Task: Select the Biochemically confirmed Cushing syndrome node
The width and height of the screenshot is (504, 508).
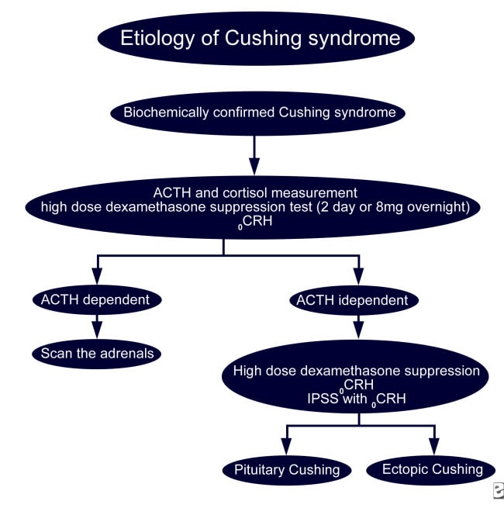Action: coord(254,112)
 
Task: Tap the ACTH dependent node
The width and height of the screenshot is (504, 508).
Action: coord(97,299)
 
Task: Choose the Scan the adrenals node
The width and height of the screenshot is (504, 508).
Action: coord(97,354)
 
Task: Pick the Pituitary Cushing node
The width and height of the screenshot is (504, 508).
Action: coord(287,469)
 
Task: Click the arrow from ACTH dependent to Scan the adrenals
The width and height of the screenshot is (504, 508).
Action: coord(97,327)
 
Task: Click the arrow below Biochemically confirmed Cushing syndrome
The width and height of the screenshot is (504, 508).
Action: coord(254,156)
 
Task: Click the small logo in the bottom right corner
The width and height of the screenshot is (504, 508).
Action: coord(497,490)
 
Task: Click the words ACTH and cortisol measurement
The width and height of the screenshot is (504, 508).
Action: coord(254,193)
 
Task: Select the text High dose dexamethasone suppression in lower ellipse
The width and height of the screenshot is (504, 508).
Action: coord(357,371)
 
